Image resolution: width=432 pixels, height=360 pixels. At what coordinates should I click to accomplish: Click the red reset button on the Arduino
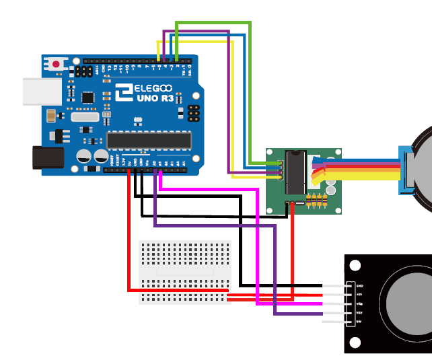(x=56, y=64)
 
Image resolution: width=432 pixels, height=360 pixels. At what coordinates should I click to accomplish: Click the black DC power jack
(x=48, y=157)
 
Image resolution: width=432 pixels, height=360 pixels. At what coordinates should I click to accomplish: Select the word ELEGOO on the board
(x=149, y=88)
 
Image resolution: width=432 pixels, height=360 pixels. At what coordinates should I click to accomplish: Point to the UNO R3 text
(x=155, y=98)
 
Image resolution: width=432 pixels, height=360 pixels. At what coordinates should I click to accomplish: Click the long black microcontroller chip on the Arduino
(x=149, y=140)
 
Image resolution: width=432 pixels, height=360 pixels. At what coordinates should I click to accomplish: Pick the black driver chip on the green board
(x=296, y=171)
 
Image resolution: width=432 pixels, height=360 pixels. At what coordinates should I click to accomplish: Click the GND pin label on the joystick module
(x=359, y=285)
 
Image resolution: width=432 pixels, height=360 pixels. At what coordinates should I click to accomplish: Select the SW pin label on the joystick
(x=359, y=322)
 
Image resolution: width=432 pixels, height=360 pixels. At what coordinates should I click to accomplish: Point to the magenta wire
(x=258, y=249)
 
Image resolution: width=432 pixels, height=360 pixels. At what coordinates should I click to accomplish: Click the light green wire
(x=250, y=94)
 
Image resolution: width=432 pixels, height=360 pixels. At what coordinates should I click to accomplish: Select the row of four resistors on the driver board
(x=316, y=200)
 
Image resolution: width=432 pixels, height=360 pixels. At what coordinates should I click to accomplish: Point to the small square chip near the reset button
(x=87, y=97)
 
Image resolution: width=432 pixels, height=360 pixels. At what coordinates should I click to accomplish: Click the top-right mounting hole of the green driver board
(x=336, y=154)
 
